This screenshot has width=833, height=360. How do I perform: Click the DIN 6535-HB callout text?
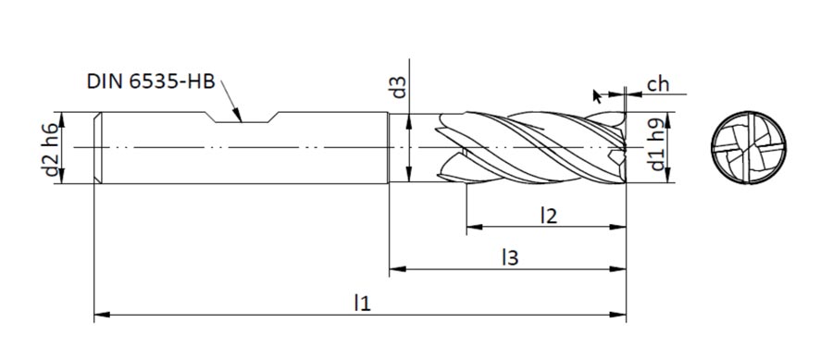[x=151, y=81]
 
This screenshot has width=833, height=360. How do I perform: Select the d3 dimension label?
[x=398, y=88]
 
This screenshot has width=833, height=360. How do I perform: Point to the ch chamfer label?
[x=658, y=84]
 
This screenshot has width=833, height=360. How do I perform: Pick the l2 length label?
[x=548, y=216]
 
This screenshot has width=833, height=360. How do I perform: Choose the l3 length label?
[x=510, y=258]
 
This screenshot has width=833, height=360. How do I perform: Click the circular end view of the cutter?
[x=749, y=148]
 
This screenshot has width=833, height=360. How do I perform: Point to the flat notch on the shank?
[x=242, y=118]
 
